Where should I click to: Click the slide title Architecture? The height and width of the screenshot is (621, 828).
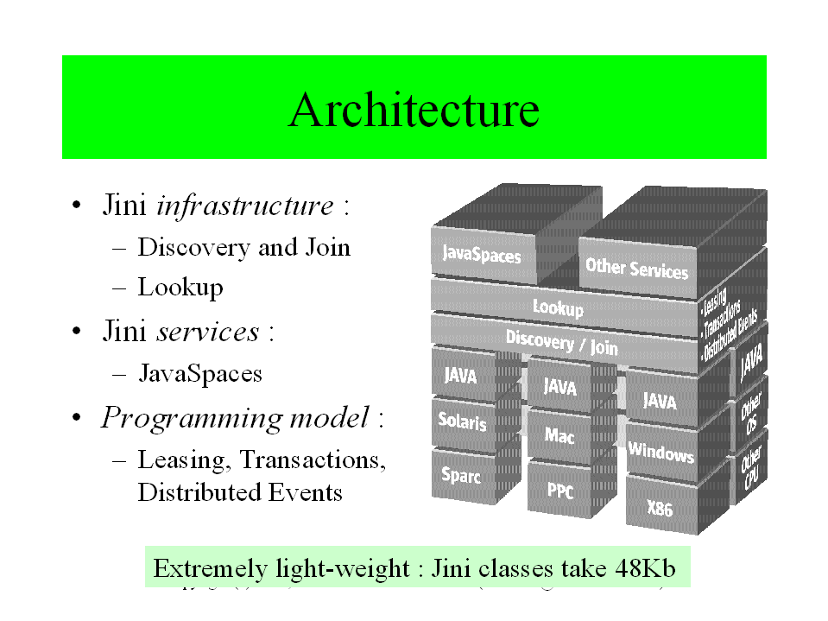(414, 110)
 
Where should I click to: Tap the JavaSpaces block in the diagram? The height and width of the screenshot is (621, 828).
(481, 254)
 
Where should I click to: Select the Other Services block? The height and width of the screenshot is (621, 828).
(636, 268)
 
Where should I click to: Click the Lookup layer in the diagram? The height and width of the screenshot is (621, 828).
(558, 307)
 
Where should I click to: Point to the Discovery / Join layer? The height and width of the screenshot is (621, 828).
(561, 342)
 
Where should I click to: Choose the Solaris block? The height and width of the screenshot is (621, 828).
(462, 422)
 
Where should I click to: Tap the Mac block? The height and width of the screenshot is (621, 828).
(559, 435)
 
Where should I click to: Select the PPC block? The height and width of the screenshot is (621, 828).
(559, 490)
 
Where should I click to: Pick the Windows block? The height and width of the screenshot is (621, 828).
(661, 451)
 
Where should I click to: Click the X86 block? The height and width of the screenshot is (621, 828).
(660, 508)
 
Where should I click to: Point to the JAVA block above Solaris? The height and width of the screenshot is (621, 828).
(460, 375)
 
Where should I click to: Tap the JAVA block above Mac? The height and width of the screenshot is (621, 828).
(559, 386)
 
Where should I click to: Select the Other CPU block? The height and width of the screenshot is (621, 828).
(749, 470)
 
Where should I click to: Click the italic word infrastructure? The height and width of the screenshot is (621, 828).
(244, 206)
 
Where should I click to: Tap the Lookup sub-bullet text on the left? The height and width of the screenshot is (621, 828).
(180, 287)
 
